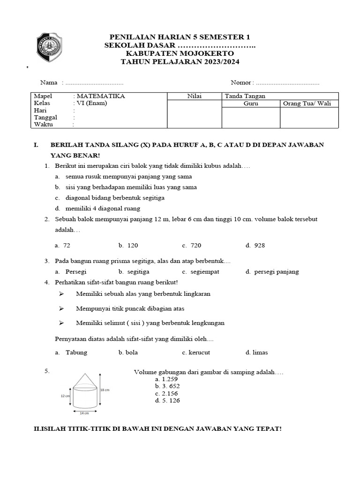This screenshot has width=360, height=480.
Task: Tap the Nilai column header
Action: [194, 97]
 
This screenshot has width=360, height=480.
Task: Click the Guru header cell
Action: [251, 104]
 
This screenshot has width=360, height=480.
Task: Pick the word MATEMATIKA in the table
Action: [101, 97]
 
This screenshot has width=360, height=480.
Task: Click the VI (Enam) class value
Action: [92, 104]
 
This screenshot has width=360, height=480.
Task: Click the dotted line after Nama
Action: [94, 83]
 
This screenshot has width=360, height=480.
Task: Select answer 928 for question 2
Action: [259, 245]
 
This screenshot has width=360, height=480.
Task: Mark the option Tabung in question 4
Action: [76, 352]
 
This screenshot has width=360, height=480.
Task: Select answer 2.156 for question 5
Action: [169, 394]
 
